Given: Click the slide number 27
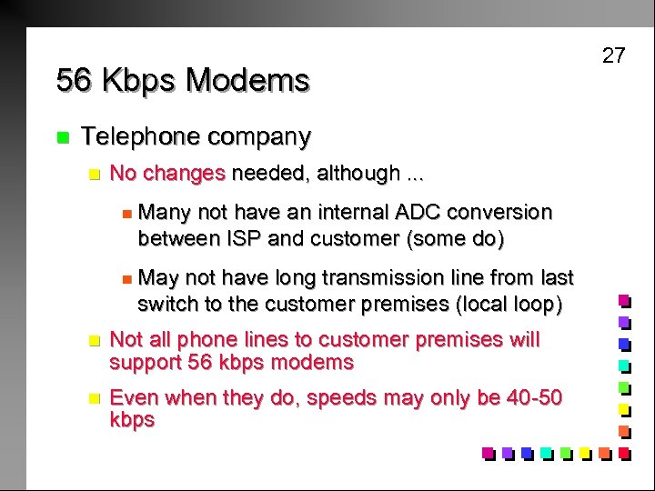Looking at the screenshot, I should [614, 55].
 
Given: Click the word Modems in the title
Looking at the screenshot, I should [247, 81].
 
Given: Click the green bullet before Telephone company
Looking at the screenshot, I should [62, 138].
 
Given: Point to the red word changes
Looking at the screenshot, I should [185, 173].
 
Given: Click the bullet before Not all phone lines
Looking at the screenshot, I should [90, 341].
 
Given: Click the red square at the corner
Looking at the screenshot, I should [624, 452].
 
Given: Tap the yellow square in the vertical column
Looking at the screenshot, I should [624, 408].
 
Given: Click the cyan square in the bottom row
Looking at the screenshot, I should [546, 452].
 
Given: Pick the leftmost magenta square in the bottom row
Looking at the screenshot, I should [488, 452].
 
